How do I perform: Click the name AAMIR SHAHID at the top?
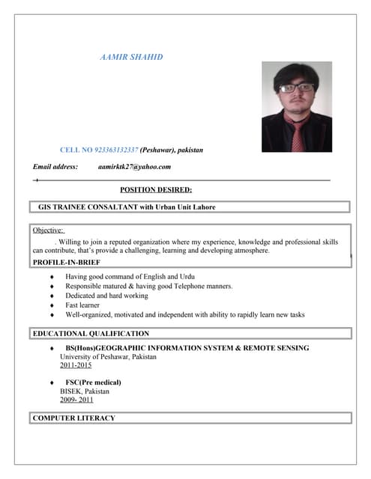[131, 58]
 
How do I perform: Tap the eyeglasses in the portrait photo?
[296, 88]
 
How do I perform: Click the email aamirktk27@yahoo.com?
[135, 167]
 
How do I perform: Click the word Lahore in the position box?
[199, 207]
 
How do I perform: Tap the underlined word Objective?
[49, 231]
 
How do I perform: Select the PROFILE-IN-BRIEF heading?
[67, 263]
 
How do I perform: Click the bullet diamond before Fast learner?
[51, 305]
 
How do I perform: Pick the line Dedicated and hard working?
[106, 296]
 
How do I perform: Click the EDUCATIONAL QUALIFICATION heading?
[91, 334]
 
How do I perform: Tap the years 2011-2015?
[76, 365]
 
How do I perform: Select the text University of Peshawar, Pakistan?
[109, 357]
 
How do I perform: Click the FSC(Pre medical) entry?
[93, 382]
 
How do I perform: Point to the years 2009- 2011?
[76, 400]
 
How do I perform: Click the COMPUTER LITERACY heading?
[74, 418]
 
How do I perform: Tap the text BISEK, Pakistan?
[85, 391]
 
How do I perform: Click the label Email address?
[55, 167]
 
